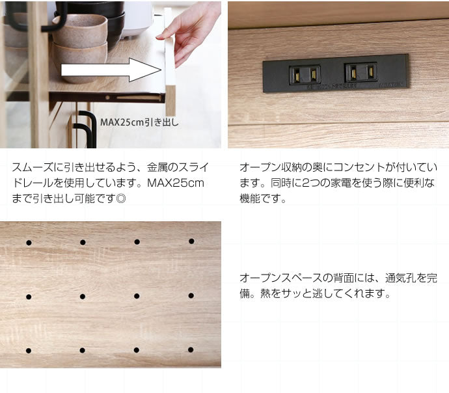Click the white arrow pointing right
click(x=111, y=70)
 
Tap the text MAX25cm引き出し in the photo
click(x=139, y=122)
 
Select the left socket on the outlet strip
click(x=305, y=75)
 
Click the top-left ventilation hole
click(x=29, y=243)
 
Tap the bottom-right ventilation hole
click(x=191, y=349)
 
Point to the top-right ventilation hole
click(x=191, y=241)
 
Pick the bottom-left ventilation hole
click(x=29, y=351)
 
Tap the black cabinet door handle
click(x=87, y=129)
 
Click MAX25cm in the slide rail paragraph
click(x=176, y=183)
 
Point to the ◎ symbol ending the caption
click(x=121, y=198)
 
